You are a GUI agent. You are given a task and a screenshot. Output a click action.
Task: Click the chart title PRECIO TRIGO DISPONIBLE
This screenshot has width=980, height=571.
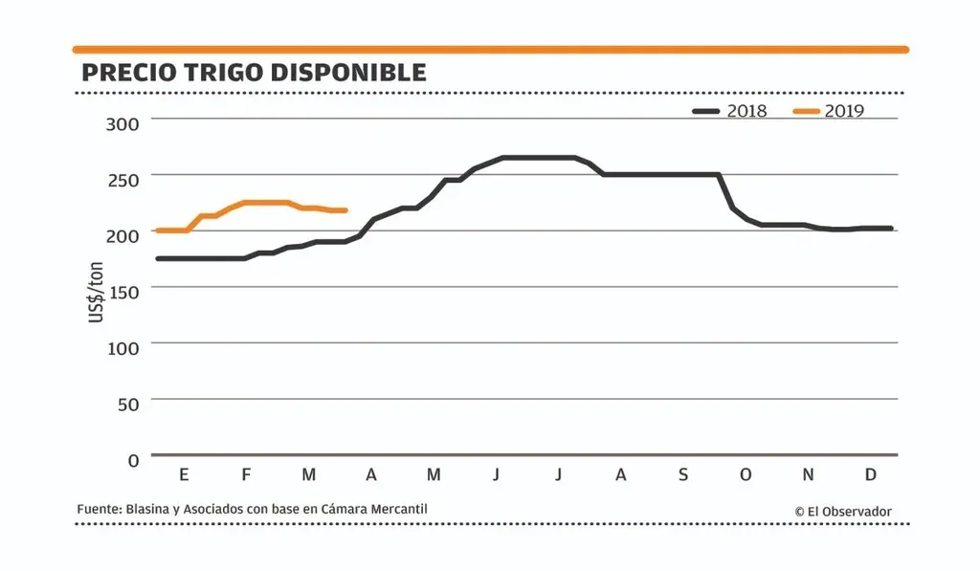point(254,73)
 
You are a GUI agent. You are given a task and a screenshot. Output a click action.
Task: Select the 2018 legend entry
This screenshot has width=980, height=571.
point(731,111)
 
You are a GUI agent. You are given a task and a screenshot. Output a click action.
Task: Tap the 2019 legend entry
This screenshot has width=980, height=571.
point(829,111)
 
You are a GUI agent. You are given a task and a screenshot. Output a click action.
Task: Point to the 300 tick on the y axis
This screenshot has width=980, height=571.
point(122,122)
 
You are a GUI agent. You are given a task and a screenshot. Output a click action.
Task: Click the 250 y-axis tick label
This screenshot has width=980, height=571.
point(122,179)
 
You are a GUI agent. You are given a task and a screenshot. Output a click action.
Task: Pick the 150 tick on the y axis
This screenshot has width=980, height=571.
point(122,291)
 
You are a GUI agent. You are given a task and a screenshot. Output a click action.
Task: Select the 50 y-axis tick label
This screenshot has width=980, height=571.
point(127,404)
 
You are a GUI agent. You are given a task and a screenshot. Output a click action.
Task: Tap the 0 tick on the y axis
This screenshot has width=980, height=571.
point(133,460)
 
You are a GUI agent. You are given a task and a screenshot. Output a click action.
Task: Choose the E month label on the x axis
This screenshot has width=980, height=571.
point(184,475)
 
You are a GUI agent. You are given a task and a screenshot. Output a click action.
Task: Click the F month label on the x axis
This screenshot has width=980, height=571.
point(246,475)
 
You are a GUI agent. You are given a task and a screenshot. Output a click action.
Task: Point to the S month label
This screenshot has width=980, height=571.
point(682,475)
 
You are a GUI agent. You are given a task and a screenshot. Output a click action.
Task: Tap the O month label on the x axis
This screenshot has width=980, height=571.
point(746,475)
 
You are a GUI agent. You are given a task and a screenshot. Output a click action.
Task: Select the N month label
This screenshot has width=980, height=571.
point(808,475)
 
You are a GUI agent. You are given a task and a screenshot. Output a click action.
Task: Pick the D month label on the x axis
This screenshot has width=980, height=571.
point(871,475)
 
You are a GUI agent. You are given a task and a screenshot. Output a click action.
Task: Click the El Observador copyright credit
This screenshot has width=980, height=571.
point(843,512)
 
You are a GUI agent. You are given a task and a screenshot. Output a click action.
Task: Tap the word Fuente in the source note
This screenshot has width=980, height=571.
point(98,510)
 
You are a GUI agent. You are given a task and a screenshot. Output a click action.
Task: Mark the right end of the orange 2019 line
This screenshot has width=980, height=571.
point(345,210)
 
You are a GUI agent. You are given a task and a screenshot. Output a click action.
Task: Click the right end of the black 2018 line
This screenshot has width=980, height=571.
point(891,229)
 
